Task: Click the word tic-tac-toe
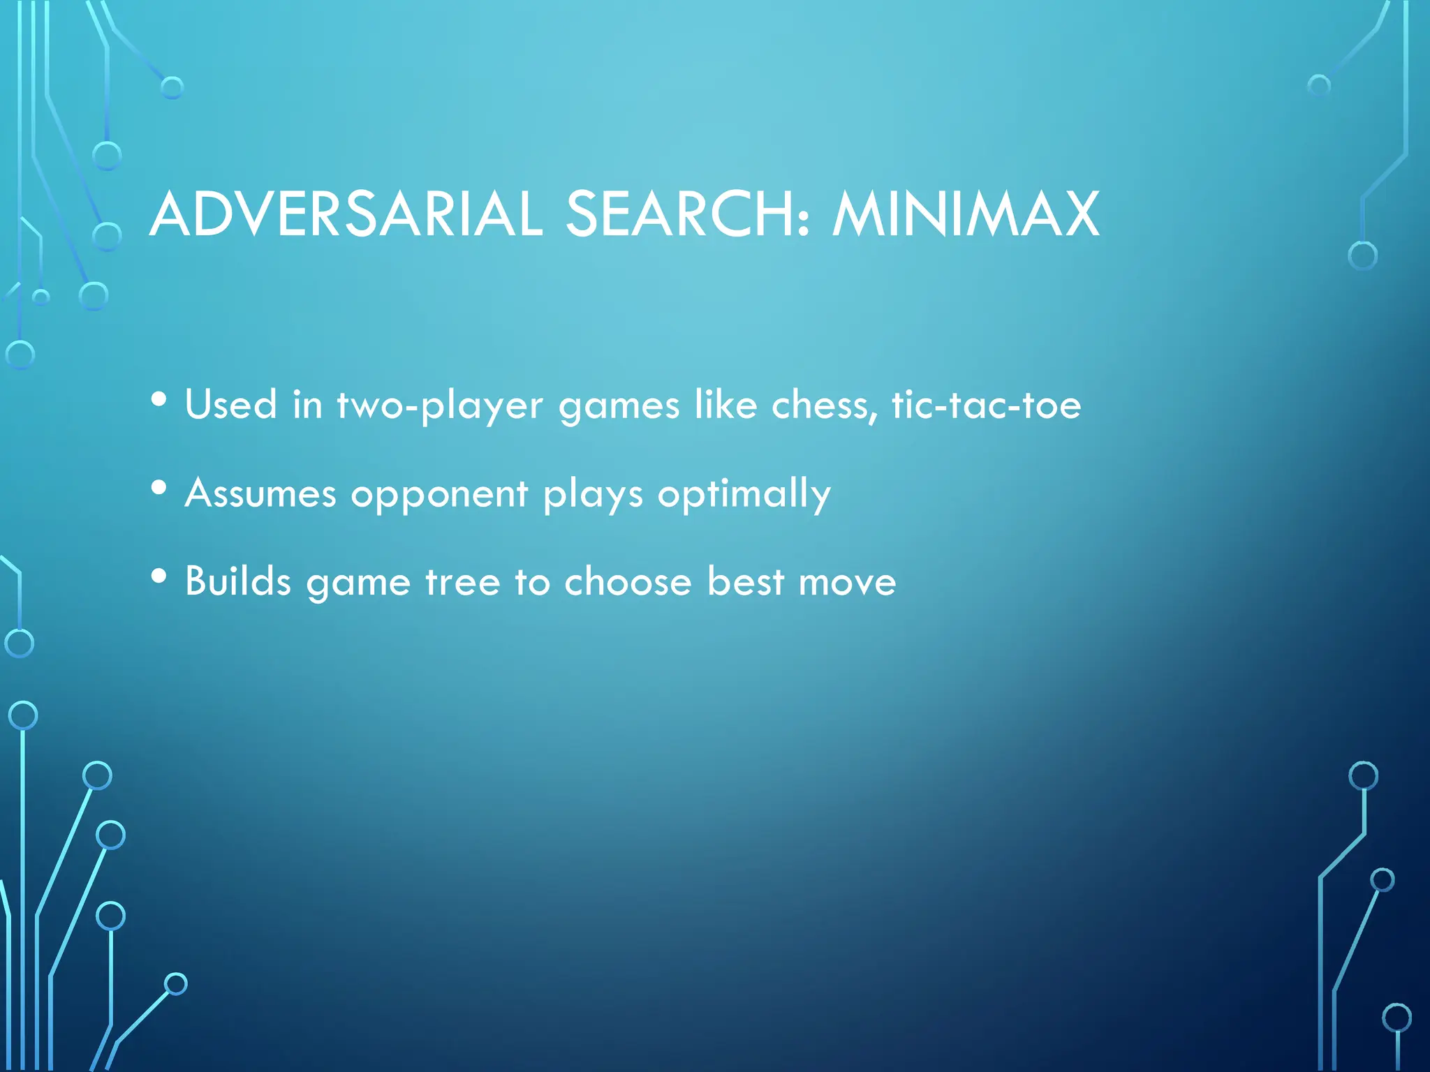pyautogui.click(x=986, y=405)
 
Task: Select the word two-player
pyautogui.click(x=440, y=406)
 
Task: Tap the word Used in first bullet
pyautogui.click(x=231, y=405)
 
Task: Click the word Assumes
pyautogui.click(x=260, y=493)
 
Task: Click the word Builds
pyautogui.click(x=238, y=581)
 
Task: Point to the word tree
pyautogui.click(x=462, y=582)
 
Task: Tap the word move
pyautogui.click(x=847, y=583)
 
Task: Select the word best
pyautogui.click(x=745, y=581)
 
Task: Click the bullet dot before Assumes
pyautogui.click(x=159, y=488)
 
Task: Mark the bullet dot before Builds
pyautogui.click(x=159, y=576)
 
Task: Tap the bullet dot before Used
pyautogui.click(x=159, y=399)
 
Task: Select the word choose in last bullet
pyautogui.click(x=628, y=581)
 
